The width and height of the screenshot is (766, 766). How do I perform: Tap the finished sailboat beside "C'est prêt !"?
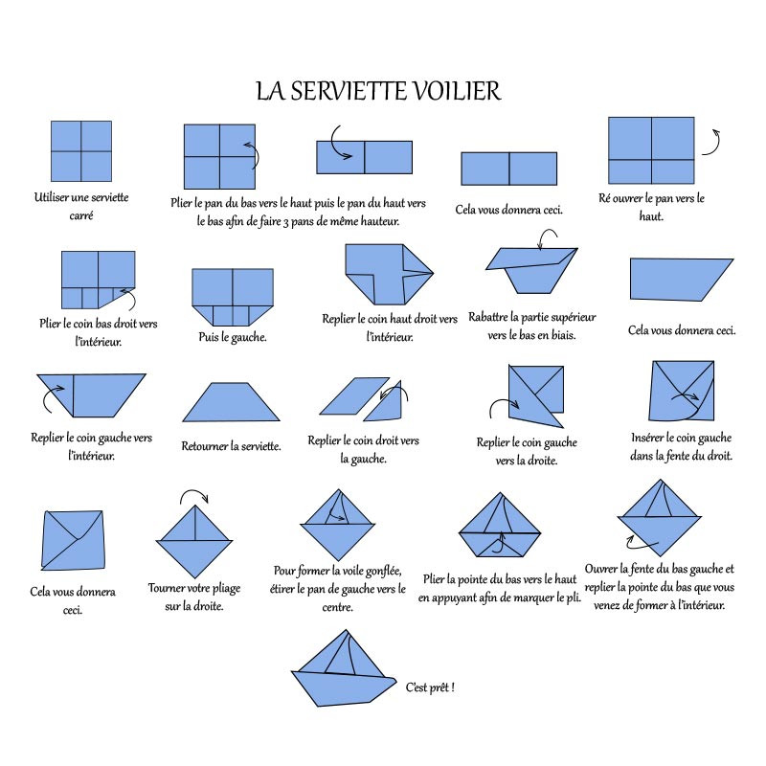coord(344,668)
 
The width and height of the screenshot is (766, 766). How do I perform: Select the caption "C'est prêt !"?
coord(430,687)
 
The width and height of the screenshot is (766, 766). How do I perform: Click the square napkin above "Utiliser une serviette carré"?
coord(81,151)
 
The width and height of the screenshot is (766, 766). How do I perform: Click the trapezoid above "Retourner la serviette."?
coord(231,401)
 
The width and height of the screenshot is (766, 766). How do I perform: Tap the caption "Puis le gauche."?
coord(232,337)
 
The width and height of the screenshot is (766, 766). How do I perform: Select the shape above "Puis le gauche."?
coord(233,297)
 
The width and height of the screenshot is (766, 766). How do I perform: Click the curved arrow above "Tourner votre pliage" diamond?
coord(194,495)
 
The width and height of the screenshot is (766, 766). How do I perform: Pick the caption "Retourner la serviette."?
coord(231,446)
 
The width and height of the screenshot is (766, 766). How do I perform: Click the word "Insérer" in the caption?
coord(647,438)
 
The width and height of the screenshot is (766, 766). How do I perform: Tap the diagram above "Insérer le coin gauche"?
coord(683,391)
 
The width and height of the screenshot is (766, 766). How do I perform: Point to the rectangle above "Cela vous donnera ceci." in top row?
coord(509,169)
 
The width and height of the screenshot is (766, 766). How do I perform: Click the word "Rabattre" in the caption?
coord(488,317)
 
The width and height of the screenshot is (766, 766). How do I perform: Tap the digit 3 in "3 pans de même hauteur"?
coord(285,222)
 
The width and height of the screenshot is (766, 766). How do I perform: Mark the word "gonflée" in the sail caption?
coord(383,571)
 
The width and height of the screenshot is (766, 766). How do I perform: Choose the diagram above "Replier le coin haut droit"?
coord(390,274)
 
